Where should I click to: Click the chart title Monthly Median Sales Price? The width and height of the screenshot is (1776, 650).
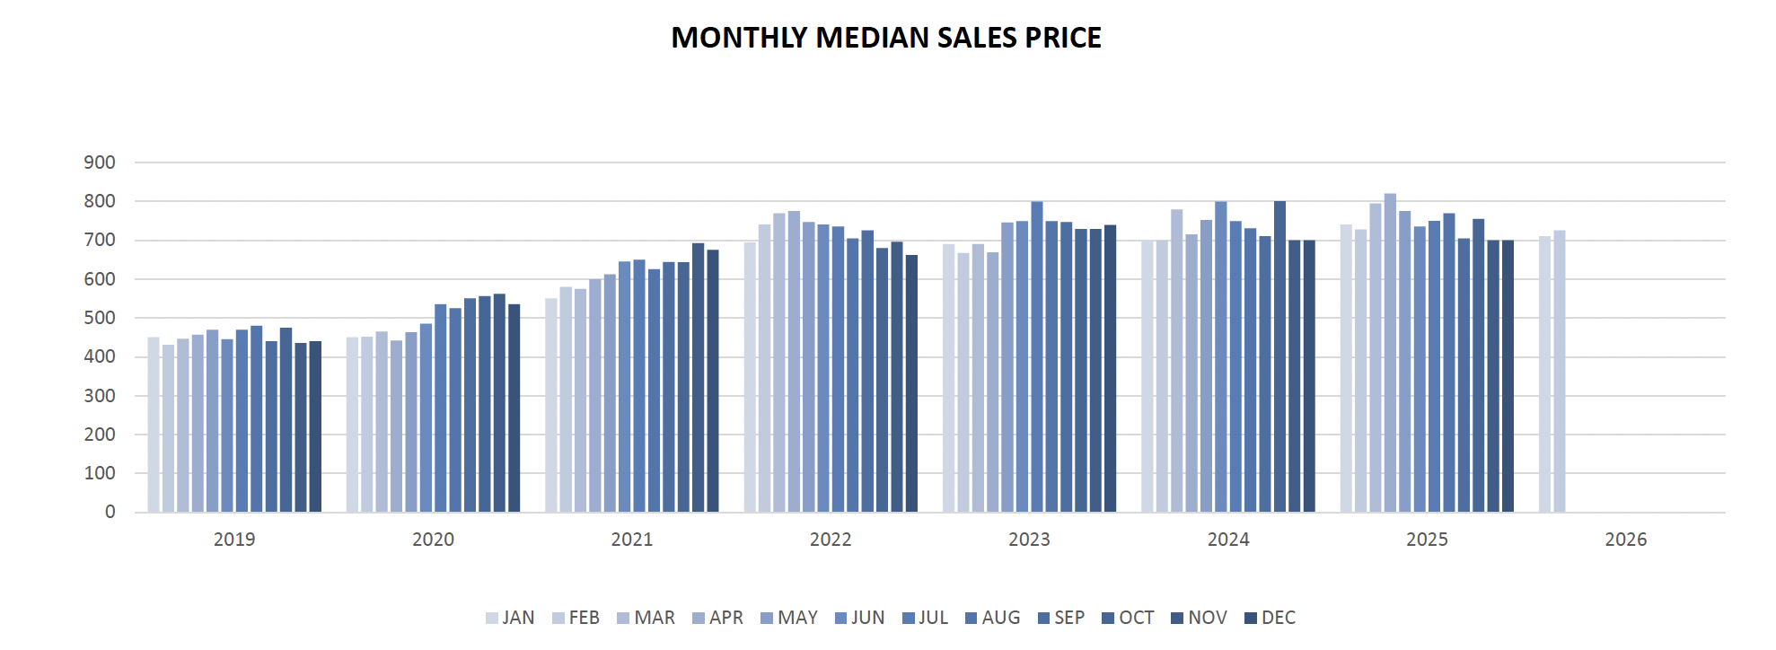point(886,38)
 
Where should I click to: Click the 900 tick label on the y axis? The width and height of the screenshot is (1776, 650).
point(100,162)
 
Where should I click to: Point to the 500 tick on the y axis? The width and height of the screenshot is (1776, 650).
point(100,318)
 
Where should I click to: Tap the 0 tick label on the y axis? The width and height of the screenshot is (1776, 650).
point(110,512)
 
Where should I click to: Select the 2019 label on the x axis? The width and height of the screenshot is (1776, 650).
point(234,540)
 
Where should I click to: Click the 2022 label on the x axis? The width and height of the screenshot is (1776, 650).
point(831,540)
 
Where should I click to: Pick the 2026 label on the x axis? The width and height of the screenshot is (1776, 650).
point(1626,540)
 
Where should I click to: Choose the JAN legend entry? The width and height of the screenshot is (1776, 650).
point(510,618)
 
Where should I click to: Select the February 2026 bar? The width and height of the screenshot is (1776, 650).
point(1560,372)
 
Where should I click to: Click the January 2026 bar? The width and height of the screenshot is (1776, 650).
point(1544,374)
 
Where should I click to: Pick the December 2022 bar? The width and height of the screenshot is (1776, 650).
point(911,383)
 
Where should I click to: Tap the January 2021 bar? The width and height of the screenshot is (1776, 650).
point(551,405)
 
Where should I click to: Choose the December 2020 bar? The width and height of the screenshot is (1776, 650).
point(514,408)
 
